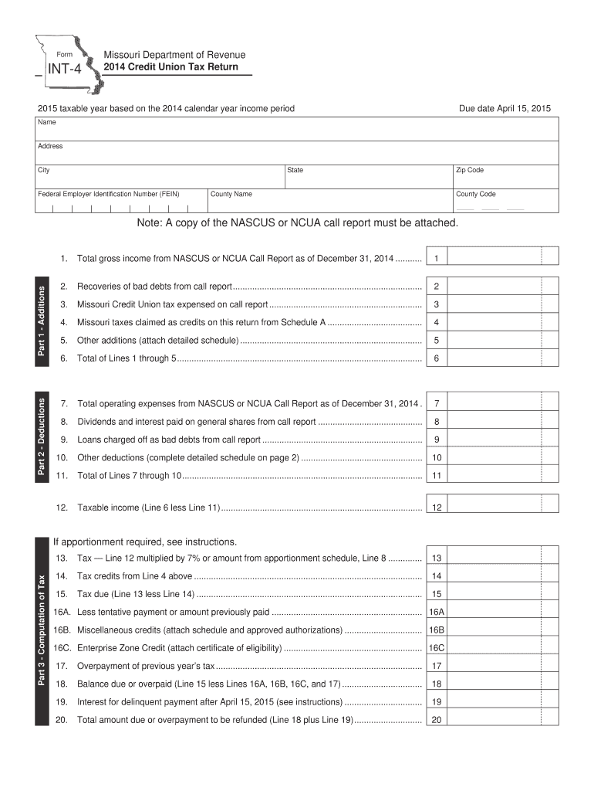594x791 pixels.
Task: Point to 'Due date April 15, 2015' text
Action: coord(510,108)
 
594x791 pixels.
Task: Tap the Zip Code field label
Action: coord(470,170)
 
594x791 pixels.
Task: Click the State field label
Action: coord(295,170)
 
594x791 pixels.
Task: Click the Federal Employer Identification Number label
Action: coord(109,194)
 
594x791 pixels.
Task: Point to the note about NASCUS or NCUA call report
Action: coord(297,223)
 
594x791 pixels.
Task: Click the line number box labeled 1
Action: coord(437,257)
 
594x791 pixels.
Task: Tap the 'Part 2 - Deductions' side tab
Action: coord(43,436)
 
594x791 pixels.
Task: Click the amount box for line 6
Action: coord(494,358)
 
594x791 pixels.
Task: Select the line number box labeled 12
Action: coord(437,508)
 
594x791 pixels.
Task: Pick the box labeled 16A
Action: coord(437,613)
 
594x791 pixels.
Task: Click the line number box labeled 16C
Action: coord(437,648)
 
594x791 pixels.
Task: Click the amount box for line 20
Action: coord(494,720)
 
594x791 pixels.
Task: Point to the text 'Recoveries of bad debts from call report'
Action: coord(155,286)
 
